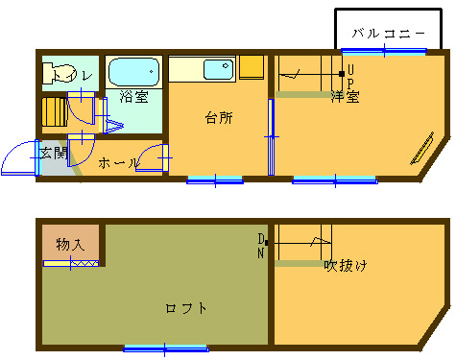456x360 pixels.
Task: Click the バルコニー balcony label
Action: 387,33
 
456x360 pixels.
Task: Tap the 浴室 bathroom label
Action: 133,97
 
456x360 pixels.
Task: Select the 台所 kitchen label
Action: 219,118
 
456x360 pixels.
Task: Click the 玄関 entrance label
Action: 53,152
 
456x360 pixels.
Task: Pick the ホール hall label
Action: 118,163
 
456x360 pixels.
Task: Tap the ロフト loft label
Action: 185,308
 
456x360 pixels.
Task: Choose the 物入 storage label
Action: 70,243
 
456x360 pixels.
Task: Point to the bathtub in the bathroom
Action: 132,71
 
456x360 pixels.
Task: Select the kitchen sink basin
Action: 217,71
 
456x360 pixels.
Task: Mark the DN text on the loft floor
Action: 261,246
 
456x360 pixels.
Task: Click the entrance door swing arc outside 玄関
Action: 17,161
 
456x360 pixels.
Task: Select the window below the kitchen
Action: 214,179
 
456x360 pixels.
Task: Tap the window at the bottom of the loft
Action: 165,348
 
